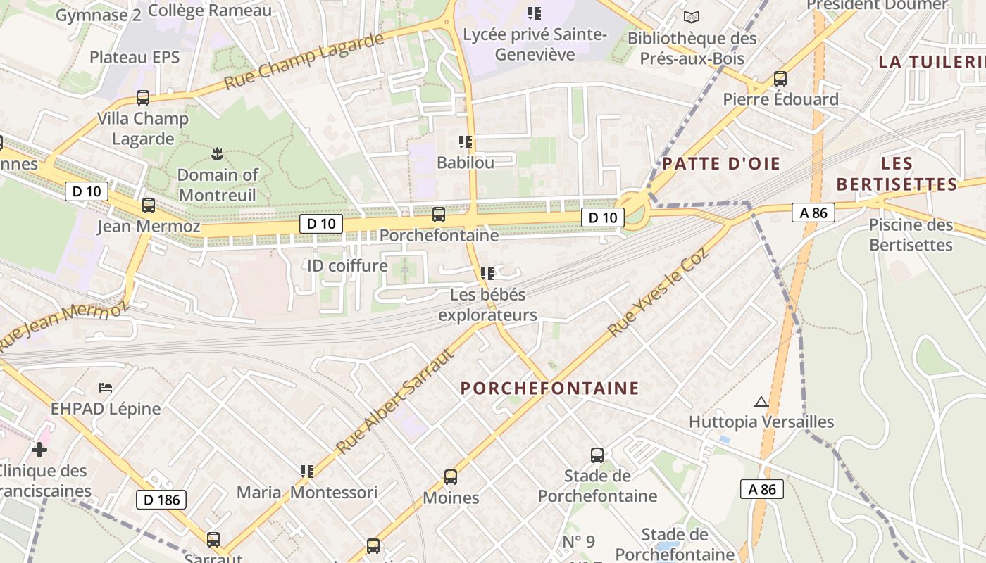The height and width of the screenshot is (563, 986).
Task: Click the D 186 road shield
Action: [x=161, y=500]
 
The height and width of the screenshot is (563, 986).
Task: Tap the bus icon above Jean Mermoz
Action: [x=148, y=205]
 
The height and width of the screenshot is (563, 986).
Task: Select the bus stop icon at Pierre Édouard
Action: [x=780, y=79]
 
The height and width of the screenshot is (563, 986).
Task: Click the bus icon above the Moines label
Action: [x=451, y=477]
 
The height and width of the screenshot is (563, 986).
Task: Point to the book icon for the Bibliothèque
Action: [x=692, y=17]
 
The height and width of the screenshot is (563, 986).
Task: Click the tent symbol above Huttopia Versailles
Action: [x=761, y=402]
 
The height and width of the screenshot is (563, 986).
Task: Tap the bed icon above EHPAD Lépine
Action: [x=106, y=388]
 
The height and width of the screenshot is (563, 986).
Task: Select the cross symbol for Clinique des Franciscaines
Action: [x=39, y=449]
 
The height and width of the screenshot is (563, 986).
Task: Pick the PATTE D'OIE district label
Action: [x=721, y=164]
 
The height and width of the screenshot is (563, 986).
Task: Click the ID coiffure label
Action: [x=347, y=265]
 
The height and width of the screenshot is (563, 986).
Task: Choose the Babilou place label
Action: [x=465, y=163]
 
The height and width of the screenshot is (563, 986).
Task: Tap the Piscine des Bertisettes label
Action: [x=911, y=235]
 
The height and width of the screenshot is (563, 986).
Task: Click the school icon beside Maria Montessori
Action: [x=306, y=471]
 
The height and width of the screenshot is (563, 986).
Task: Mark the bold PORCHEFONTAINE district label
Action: [x=550, y=388]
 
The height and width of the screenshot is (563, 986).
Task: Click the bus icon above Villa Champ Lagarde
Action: [x=143, y=98]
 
